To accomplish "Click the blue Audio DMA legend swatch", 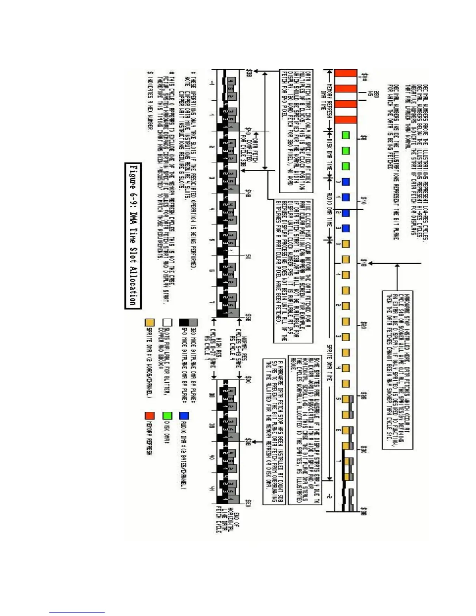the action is coord(184,416).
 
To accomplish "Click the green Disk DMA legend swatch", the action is coord(167,416).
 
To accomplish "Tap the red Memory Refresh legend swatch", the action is coord(150,416).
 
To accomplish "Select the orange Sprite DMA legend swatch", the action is coord(150,322).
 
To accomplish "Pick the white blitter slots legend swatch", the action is coord(167,322).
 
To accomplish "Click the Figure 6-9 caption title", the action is coord(133,236).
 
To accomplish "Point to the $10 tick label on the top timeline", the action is coord(364,200).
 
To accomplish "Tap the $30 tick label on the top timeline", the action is coord(364,449).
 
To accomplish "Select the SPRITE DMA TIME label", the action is coord(329,362).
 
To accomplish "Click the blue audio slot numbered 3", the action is coord(345,228).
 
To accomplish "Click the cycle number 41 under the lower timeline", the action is coord(212,489).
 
